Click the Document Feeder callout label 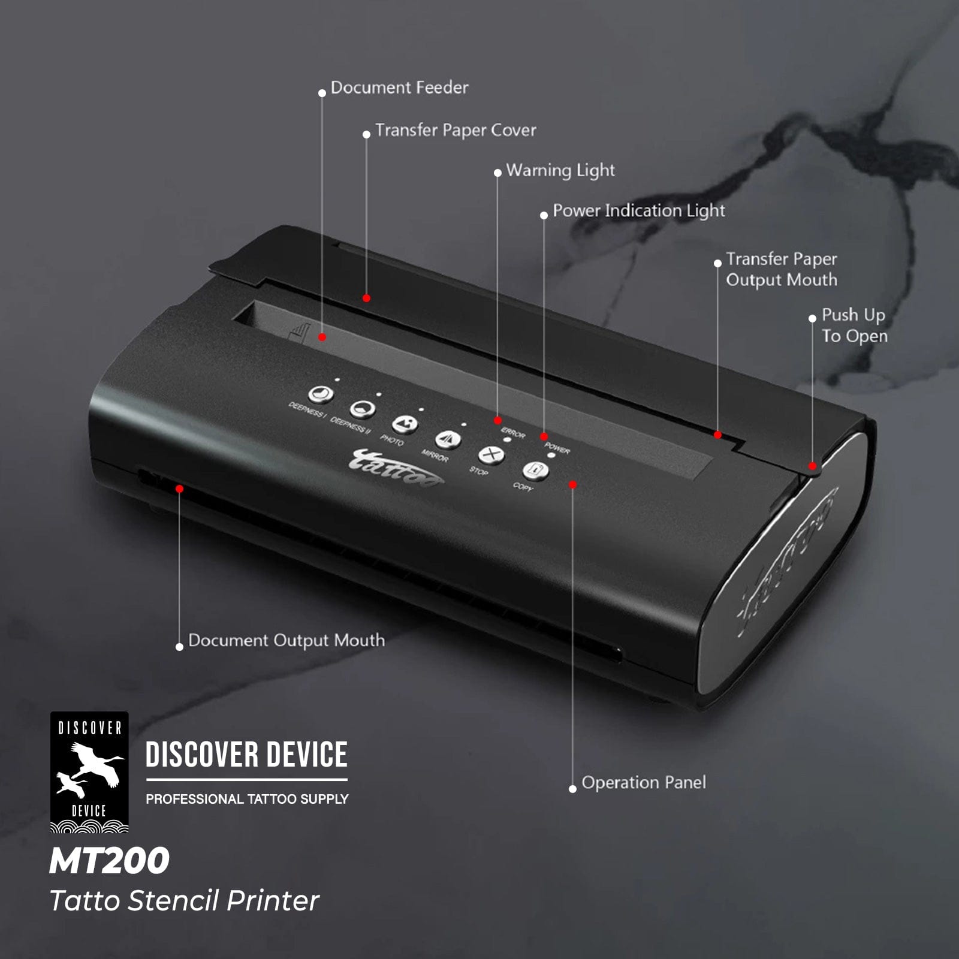point(399,88)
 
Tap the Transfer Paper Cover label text point(456,131)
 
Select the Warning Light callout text point(560,171)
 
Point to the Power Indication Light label point(638,211)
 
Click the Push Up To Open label point(854,325)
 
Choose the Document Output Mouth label point(287,640)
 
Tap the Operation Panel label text point(644,783)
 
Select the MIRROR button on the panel point(448,440)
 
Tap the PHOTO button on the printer point(405,424)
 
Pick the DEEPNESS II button point(362,409)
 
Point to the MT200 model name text point(110,861)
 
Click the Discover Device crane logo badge point(89,772)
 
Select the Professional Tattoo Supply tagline point(247,799)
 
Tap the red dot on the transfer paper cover point(366,298)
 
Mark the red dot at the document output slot point(179,489)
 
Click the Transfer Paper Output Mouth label point(782,269)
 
